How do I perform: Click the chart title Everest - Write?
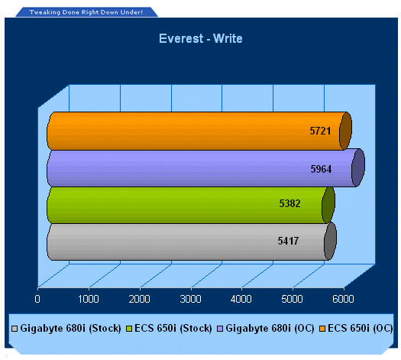(200, 39)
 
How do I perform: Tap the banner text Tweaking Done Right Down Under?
(86, 12)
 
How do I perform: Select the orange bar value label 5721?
(320, 131)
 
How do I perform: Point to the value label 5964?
(321, 169)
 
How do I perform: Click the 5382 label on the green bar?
(289, 203)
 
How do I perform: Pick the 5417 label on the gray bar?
(288, 241)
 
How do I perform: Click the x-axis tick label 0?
(37, 299)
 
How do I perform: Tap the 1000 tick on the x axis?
(89, 299)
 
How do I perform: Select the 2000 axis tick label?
(139, 299)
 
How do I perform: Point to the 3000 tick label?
(190, 299)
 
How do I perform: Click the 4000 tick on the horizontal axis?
(241, 299)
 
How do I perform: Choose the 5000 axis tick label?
(292, 299)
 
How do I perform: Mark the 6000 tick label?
(343, 299)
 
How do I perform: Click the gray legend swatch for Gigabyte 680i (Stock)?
(15, 329)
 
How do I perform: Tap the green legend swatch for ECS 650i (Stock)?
(129, 329)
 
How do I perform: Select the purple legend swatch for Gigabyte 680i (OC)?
(220, 329)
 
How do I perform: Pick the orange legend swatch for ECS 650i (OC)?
(322, 329)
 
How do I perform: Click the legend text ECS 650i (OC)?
(360, 328)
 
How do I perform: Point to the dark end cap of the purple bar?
(358, 167)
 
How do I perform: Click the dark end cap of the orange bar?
(345, 131)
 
